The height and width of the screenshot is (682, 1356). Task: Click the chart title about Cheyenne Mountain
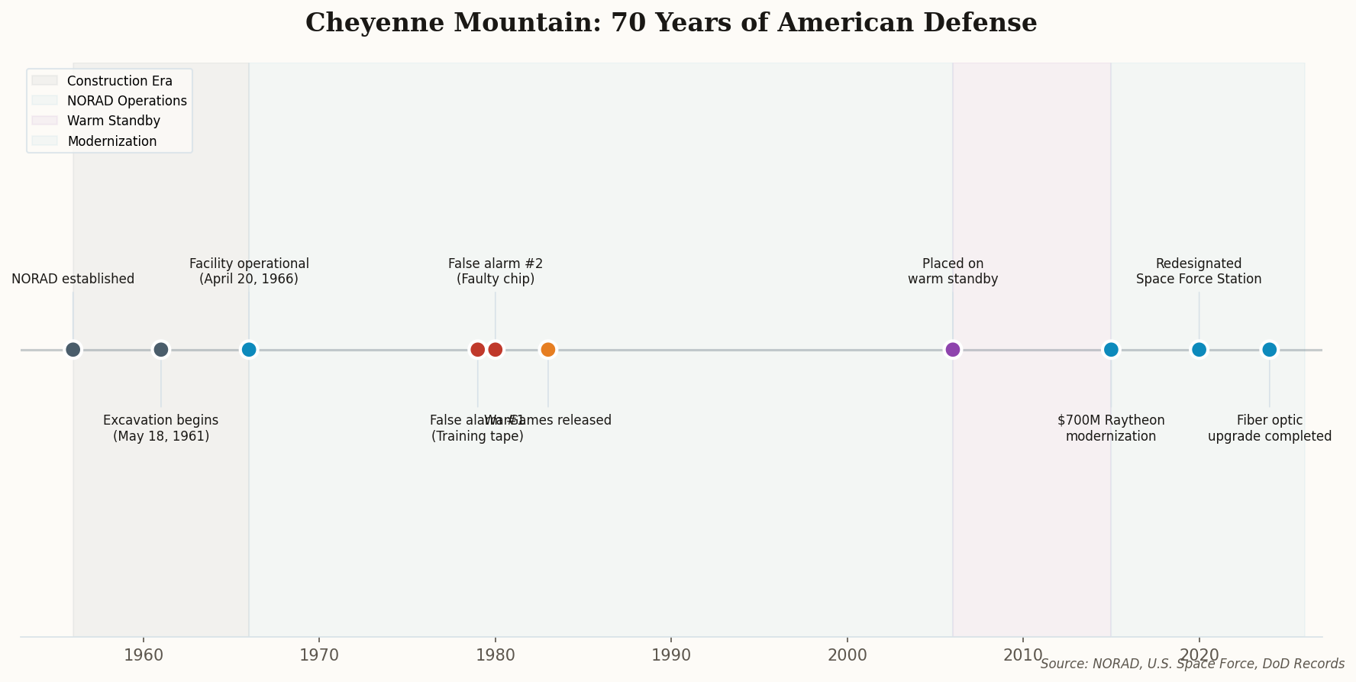pos(671,23)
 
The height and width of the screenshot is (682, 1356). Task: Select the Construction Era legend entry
pos(119,81)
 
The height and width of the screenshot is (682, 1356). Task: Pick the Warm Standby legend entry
pos(113,121)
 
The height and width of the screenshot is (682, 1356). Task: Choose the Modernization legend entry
pos(111,141)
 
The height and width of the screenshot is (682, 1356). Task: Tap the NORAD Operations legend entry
pos(126,101)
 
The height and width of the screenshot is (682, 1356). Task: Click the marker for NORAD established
pos(73,350)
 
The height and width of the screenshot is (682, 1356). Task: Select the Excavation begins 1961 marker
pos(161,350)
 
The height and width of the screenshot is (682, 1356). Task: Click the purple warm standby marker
pos(953,350)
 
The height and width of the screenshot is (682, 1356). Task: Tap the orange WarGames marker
pos(548,350)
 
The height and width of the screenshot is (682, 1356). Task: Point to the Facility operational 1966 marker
pos(249,350)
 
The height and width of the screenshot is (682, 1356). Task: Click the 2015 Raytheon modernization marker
pos(1111,350)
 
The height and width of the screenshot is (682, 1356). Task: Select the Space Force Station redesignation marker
pos(1199,350)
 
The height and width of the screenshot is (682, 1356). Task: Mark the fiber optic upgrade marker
pos(1269,350)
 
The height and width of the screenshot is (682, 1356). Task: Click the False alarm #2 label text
pos(496,271)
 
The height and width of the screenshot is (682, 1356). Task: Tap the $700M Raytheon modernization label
pos(1111,428)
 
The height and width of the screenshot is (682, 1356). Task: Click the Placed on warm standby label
pos(953,271)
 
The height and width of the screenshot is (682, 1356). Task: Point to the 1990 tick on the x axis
pos(671,655)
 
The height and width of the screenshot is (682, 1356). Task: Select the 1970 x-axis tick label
pos(319,655)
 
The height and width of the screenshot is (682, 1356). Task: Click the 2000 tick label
pos(847,655)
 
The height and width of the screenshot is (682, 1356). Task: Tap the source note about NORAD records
pos(1192,664)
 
